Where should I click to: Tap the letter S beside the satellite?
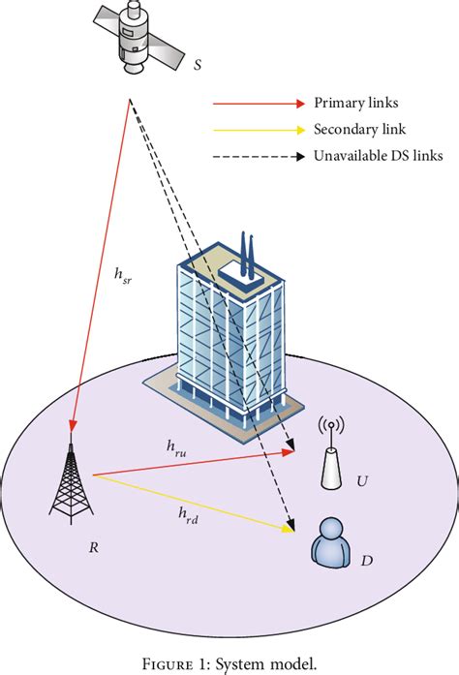click(x=198, y=66)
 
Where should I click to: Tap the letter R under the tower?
click(x=93, y=547)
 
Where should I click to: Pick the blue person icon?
click(x=331, y=542)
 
